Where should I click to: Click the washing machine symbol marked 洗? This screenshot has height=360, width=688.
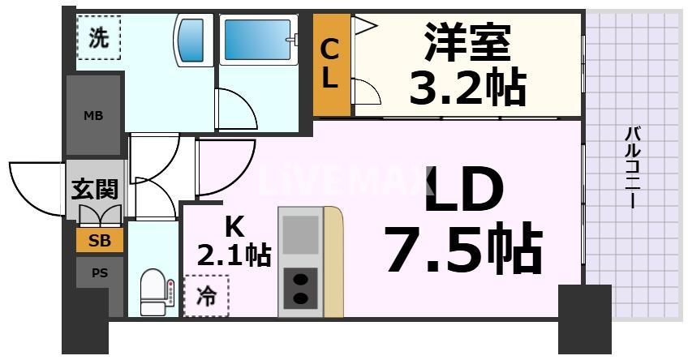(x=98, y=38)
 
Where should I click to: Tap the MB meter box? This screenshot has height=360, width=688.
(x=93, y=114)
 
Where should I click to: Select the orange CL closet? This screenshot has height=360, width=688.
(x=333, y=66)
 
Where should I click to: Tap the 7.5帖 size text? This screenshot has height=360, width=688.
(x=463, y=250)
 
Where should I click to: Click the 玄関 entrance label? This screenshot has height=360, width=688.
(x=95, y=190)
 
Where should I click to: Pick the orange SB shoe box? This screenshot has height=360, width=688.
(x=100, y=241)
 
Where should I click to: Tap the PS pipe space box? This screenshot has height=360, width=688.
(x=99, y=273)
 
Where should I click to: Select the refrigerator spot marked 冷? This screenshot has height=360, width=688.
(x=206, y=297)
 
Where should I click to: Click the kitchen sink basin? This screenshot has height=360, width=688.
(x=300, y=234)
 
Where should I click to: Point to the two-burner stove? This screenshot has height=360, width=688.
(x=300, y=289)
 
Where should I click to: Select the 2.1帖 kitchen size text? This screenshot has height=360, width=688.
(x=234, y=255)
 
